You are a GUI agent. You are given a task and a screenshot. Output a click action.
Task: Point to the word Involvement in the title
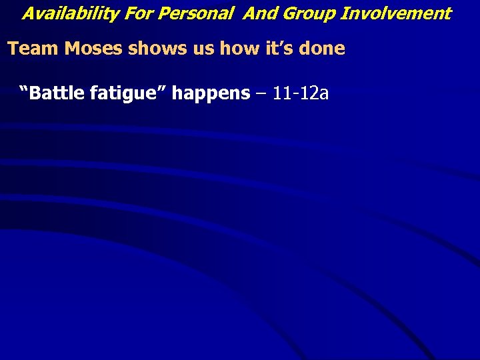click(396, 13)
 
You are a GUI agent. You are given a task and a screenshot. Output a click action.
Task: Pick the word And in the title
click(258, 13)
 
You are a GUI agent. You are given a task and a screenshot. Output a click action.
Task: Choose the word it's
click(255, 49)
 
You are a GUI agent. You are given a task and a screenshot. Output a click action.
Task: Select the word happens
click(211, 93)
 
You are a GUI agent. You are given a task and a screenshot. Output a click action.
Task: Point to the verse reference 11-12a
click(301, 93)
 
